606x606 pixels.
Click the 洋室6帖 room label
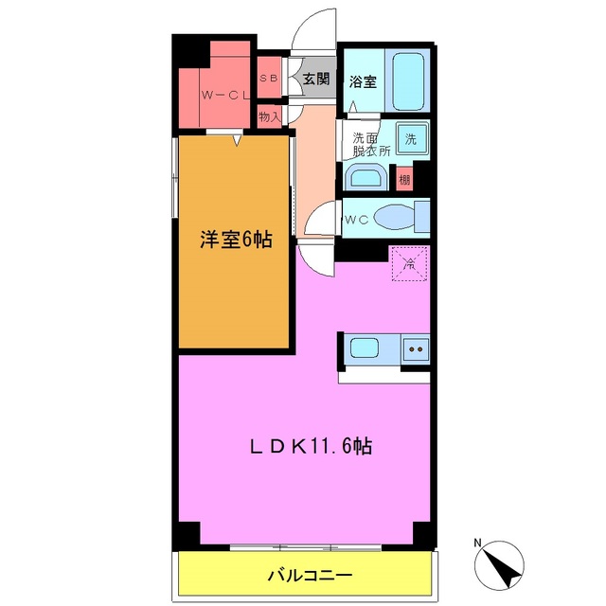pyautogui.click(x=235, y=240)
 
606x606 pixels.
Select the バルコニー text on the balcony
pyautogui.click(x=309, y=575)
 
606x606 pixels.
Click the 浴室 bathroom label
pyautogui.click(x=363, y=81)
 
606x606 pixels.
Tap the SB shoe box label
pyautogui.click(x=268, y=80)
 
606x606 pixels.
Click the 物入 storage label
pyautogui.click(x=269, y=116)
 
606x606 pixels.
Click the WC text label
pyautogui.click(x=356, y=221)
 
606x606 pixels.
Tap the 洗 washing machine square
pyautogui.click(x=411, y=138)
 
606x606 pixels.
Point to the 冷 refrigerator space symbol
pyautogui.click(x=410, y=264)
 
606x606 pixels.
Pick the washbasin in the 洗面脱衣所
pyautogui.click(x=365, y=177)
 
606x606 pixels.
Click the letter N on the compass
pyautogui.click(x=480, y=543)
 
